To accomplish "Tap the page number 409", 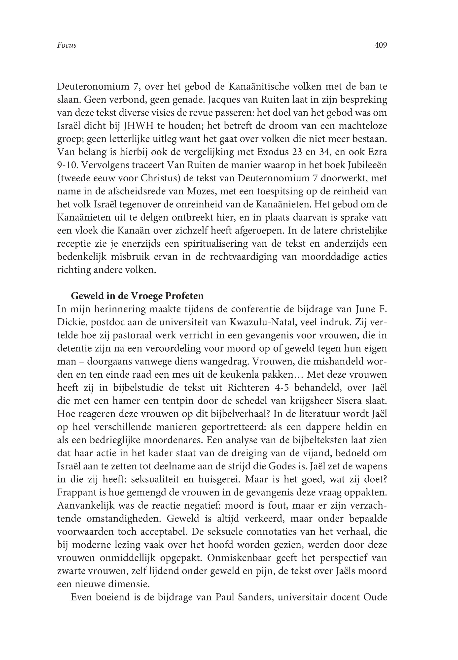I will [x=381, y=45].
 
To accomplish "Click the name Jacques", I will [x=226, y=99].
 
